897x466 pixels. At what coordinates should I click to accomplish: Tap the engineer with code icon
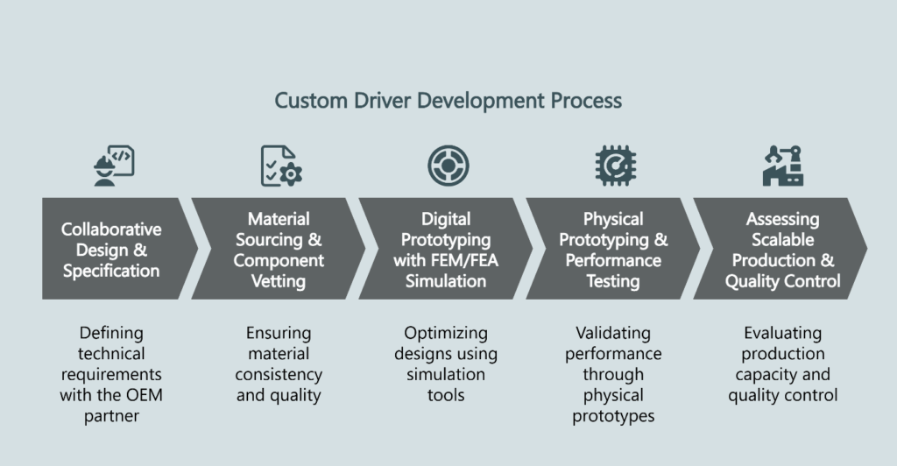[113, 166]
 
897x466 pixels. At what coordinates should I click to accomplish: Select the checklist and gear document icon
[280, 166]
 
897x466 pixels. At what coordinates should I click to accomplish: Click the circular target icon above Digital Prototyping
[448, 166]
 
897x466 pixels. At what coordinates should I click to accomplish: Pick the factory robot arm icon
[782, 166]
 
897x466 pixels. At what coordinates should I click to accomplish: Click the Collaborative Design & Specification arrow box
[111, 250]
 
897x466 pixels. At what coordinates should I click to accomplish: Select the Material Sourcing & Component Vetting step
[279, 250]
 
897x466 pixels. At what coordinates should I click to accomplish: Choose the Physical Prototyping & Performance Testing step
[613, 250]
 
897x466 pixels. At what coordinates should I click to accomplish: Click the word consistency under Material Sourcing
[279, 375]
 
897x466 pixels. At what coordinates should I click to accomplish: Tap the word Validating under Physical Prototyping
[613, 333]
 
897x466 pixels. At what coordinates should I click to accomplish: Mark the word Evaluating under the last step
[782, 333]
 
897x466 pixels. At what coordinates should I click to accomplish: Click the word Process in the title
[586, 101]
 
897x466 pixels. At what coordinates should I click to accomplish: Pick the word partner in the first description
[111, 416]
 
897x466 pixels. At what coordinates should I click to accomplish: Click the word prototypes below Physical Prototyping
[613, 416]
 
